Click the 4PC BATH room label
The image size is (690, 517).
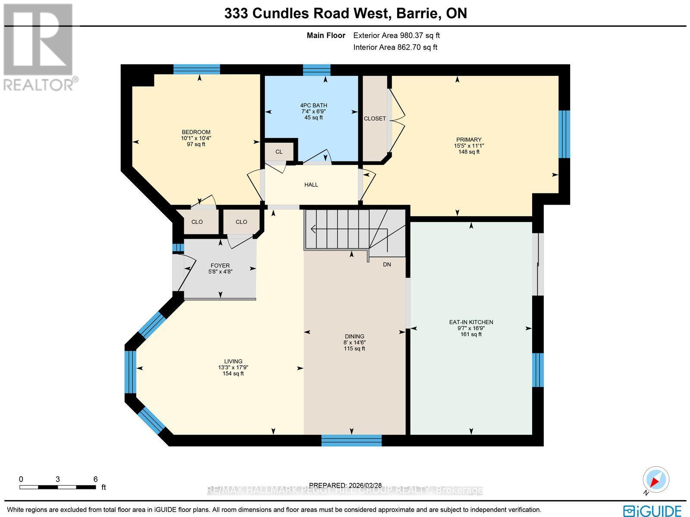314,105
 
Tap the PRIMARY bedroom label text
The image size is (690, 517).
469,139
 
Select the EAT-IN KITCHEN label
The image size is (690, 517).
471,322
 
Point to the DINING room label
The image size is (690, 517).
354,336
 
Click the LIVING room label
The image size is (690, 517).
233,361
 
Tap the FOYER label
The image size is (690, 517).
220,265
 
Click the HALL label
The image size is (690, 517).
311,185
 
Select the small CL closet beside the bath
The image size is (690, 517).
279,151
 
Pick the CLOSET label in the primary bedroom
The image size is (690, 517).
375,119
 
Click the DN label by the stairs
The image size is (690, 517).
387,264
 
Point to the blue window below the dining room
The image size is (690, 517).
351,440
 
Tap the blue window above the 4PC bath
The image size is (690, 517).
316,69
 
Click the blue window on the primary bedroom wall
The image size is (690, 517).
564,134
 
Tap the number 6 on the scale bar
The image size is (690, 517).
95,479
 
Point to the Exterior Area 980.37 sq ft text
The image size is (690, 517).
396,36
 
